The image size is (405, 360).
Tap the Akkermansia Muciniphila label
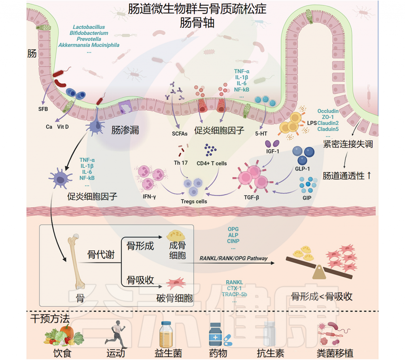coord(89,45)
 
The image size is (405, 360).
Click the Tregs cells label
coord(193,201)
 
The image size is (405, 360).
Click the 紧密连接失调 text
coord(348,144)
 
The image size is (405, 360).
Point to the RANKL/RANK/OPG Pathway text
coord(233,258)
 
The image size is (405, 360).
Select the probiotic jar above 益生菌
coord(167,334)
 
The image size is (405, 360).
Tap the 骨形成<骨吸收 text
coord(321,296)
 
